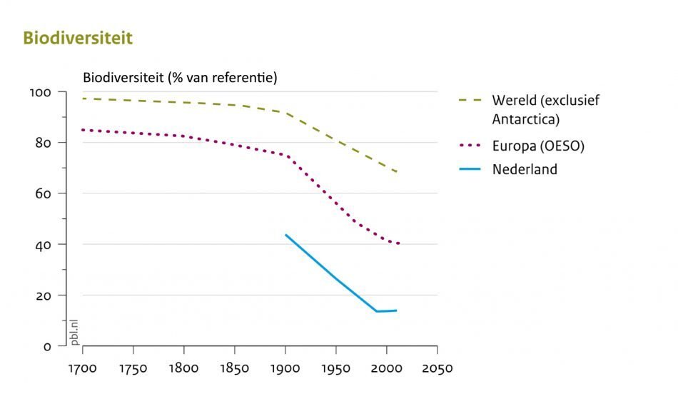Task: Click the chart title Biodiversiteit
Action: click(x=78, y=39)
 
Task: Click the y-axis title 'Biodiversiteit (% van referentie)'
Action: click(x=180, y=77)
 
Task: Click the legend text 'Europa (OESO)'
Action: click(x=538, y=146)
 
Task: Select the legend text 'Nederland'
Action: click(x=525, y=170)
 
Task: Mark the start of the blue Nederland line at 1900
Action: click(x=285, y=235)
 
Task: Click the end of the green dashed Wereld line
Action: click(x=397, y=172)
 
